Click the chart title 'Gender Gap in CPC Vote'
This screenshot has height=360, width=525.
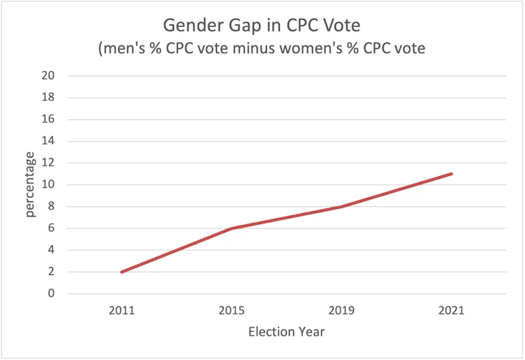262,25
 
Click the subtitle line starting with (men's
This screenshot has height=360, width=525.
262,50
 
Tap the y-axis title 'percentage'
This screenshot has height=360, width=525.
31,185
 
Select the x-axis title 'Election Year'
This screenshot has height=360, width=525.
286,331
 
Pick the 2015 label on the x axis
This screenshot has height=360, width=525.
231,310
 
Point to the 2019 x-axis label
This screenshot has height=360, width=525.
341,310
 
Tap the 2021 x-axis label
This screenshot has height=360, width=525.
452,310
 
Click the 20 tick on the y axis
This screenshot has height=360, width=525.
49,76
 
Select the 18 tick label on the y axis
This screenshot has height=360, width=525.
49,97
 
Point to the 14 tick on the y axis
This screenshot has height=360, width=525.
49,141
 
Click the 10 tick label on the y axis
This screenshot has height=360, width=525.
49,185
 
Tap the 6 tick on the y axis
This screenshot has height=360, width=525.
52,228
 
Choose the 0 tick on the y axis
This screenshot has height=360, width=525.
52,294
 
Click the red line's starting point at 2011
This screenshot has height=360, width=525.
121,272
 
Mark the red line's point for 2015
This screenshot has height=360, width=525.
231,228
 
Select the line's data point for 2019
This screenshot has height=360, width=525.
341,206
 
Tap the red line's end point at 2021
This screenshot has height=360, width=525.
452,173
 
